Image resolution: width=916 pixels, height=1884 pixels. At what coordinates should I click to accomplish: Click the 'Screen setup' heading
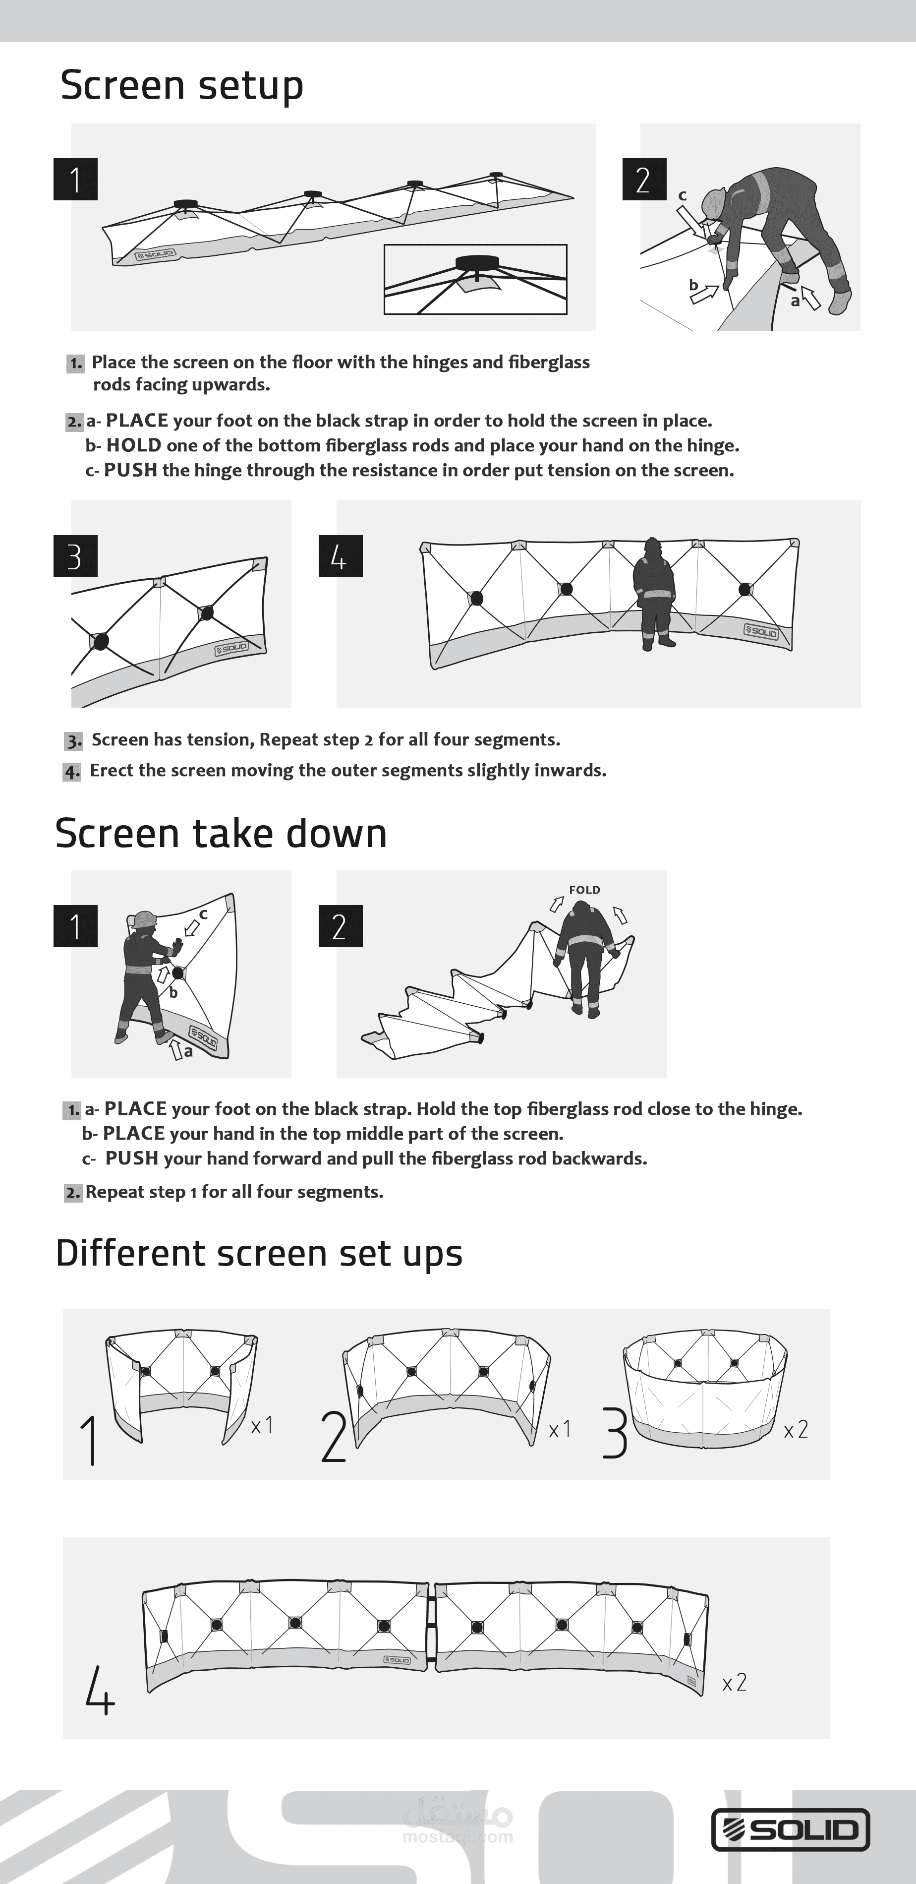(181, 86)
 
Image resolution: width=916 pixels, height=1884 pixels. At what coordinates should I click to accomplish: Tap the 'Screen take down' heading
(221, 833)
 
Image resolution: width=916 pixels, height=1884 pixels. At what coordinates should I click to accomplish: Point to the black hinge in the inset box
(476, 262)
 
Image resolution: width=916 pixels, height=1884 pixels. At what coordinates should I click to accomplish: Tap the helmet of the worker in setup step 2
(713, 202)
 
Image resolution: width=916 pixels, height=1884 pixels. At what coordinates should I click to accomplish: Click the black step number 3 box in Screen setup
(75, 556)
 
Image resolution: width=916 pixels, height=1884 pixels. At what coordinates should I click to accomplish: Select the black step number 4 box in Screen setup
(341, 556)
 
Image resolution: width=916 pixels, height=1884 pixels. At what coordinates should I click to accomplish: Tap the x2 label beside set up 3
(796, 1429)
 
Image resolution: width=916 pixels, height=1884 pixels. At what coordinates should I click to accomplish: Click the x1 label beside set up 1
(262, 1425)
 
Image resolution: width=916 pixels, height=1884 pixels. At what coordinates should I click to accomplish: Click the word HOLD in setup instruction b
(134, 445)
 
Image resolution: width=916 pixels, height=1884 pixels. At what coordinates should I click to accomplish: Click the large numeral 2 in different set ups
(334, 1437)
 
